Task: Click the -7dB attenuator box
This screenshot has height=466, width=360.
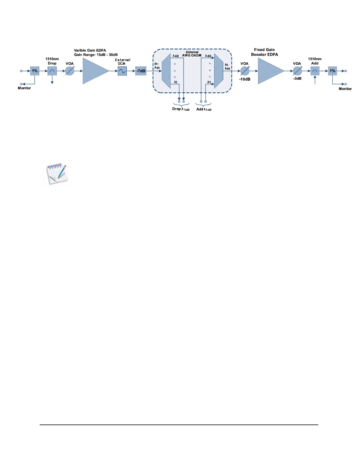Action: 141,71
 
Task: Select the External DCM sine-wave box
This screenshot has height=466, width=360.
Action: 122,71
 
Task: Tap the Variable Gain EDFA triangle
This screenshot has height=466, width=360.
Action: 94,71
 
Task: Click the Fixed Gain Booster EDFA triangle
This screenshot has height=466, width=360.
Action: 269,71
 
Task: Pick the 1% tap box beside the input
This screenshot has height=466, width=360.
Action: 35,71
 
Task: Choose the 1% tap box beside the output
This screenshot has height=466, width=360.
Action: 332,71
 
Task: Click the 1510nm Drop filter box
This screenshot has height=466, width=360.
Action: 52,71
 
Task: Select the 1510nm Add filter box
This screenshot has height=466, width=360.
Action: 315,71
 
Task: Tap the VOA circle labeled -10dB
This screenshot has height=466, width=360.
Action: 245,71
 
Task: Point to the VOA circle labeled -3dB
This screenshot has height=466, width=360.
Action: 297,71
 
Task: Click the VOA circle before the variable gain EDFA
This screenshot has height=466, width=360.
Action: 70,71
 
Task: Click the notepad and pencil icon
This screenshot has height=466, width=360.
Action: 57,174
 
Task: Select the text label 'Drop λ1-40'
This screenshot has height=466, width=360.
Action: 181,109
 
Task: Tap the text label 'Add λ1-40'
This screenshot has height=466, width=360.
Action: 204,109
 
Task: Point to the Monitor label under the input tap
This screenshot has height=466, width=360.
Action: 24,88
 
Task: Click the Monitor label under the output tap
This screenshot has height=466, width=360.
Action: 345,89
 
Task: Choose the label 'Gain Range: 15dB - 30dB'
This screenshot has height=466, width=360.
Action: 96,55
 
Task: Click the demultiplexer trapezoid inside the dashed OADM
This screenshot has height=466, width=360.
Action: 166,71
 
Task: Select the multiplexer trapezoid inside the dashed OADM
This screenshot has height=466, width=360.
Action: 219,71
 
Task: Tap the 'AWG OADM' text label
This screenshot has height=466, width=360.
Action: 192,55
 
